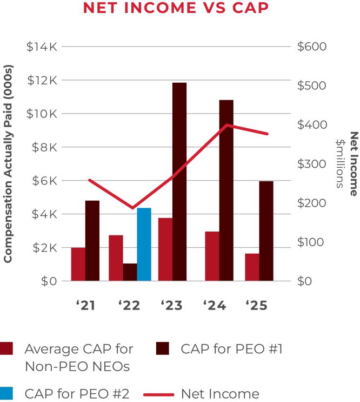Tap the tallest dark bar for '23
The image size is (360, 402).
(179, 182)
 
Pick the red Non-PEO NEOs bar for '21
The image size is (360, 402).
(78, 264)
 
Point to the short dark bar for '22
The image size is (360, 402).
(130, 272)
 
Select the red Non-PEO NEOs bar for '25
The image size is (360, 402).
(252, 267)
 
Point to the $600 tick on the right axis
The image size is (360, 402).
(312, 47)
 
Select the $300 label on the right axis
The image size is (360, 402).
(312, 164)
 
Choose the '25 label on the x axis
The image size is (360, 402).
(256, 306)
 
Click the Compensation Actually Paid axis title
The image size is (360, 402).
(8, 164)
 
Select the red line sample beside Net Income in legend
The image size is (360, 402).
(159, 394)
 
